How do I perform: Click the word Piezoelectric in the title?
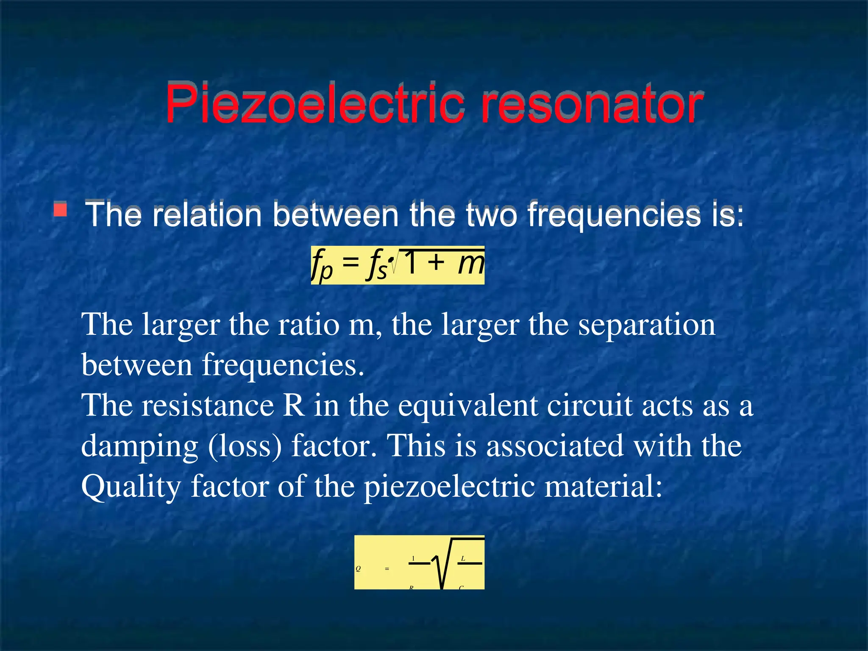pyautogui.click(x=314, y=104)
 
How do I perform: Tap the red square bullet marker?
pyautogui.click(x=61, y=210)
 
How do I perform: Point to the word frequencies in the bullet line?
pyautogui.click(x=614, y=215)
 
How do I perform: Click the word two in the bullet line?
pyautogui.click(x=492, y=214)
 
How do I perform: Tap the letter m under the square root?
pyautogui.click(x=470, y=263)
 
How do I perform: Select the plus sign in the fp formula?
pyautogui.click(x=436, y=263)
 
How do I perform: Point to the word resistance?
pyautogui.click(x=207, y=406)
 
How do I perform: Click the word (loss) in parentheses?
pyautogui.click(x=245, y=446)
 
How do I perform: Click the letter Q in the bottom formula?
pyautogui.click(x=358, y=569)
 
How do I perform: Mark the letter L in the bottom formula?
pyautogui.click(x=463, y=559)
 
